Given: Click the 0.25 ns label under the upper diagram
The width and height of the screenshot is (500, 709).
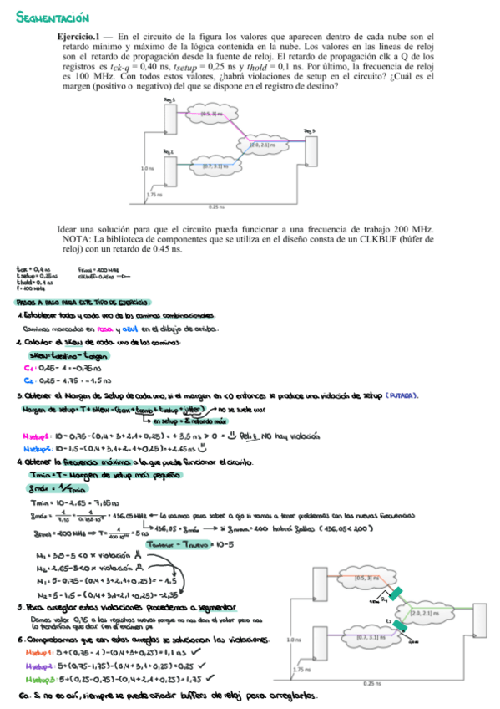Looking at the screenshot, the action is pyautogui.click(x=216, y=206).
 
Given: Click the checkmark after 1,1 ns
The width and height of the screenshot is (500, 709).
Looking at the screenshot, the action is pyautogui.click(x=196, y=652).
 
